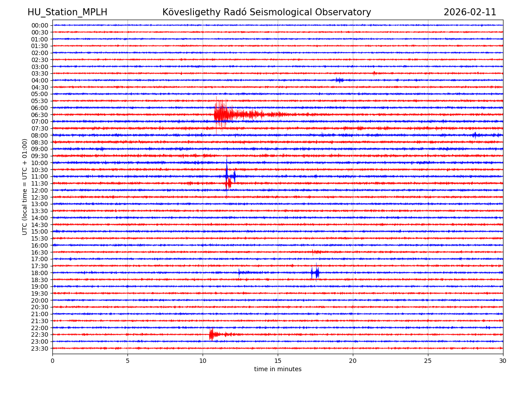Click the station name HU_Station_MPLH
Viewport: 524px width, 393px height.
pos(67,13)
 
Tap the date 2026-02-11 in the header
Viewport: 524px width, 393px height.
pos(470,13)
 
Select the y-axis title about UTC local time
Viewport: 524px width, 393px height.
pos(25,186)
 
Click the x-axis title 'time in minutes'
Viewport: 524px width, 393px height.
pos(278,369)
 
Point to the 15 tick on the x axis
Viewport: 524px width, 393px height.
pos(278,361)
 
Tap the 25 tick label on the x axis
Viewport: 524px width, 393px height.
pos(428,361)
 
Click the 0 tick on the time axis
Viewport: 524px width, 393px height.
pos(52,361)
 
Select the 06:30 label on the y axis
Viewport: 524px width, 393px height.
pos(40,115)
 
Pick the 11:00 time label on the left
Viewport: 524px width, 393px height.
pos(40,176)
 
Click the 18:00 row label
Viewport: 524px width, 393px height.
pos(40,273)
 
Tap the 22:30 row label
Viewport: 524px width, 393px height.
pos(40,334)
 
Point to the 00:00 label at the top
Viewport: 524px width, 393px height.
pos(40,25)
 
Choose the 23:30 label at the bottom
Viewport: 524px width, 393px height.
pos(40,348)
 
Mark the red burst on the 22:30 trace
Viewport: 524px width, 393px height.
pos(211,334)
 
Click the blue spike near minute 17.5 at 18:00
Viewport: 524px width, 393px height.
pos(317,273)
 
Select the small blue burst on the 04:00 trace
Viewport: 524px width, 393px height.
pos(339,80)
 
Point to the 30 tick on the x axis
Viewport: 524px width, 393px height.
pos(503,361)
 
